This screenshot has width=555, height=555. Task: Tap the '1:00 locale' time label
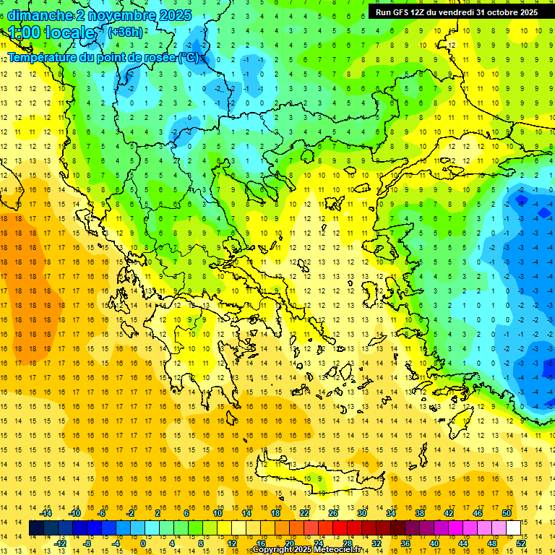[51, 33]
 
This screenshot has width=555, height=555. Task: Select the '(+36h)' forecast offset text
[124, 32]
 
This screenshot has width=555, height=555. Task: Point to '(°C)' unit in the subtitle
[189, 57]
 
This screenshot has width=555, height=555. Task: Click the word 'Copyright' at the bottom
[272, 550]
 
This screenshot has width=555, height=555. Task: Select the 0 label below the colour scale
[143, 543]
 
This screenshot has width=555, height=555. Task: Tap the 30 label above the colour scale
[362, 513]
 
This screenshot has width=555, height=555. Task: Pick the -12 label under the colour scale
[60, 543]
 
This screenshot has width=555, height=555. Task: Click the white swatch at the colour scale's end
[513, 528]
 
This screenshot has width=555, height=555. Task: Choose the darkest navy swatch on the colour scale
[36, 528]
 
